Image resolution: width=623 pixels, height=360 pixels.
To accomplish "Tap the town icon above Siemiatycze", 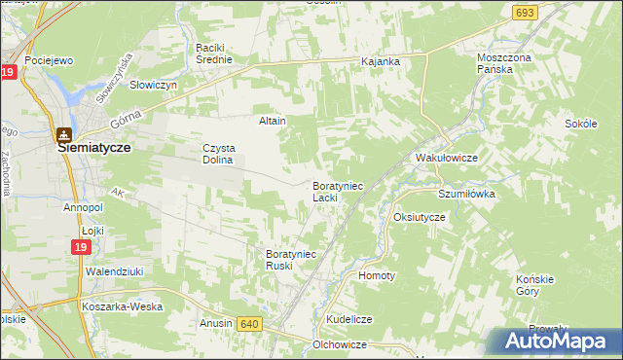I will coord(63,136).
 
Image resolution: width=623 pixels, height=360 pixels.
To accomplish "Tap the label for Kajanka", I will coord(381,62).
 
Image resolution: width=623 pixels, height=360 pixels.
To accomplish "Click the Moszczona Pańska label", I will coord(508,64).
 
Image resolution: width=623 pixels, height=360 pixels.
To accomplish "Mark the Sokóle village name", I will coord(581,125).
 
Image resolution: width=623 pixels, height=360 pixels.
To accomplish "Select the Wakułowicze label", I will coord(445,157).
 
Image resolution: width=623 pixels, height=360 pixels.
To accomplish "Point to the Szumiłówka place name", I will coord(466,194).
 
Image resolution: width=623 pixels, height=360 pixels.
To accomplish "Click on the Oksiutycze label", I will coord(419,217).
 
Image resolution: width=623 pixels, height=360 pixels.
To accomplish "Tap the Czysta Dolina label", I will coord(218,154).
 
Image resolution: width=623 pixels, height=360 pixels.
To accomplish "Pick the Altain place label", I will coord(272,122).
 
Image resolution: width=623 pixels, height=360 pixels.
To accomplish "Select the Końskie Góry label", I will coord(533,285).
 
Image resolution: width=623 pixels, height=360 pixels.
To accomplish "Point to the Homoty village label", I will coord(377,275).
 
